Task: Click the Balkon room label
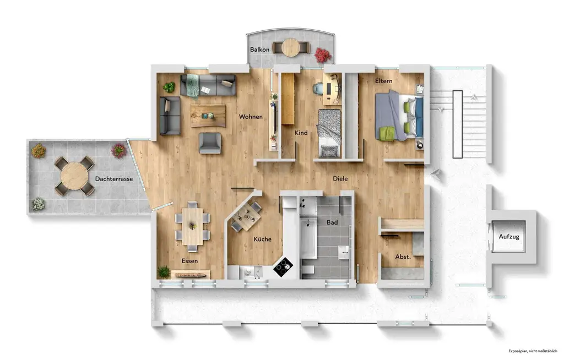[x=260, y=50]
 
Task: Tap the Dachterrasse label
[x=113, y=178]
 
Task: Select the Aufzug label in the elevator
[x=509, y=237]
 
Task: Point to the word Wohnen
[x=251, y=117]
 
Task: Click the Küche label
[x=262, y=239]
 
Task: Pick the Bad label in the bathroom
[x=332, y=223]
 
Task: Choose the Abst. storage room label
[x=403, y=257]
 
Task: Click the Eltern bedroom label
[x=384, y=81]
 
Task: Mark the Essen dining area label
[x=189, y=261]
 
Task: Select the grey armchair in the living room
[x=210, y=143]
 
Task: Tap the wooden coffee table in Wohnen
[x=208, y=115]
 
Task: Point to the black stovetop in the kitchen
[x=284, y=268]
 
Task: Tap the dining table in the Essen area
[x=192, y=225]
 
